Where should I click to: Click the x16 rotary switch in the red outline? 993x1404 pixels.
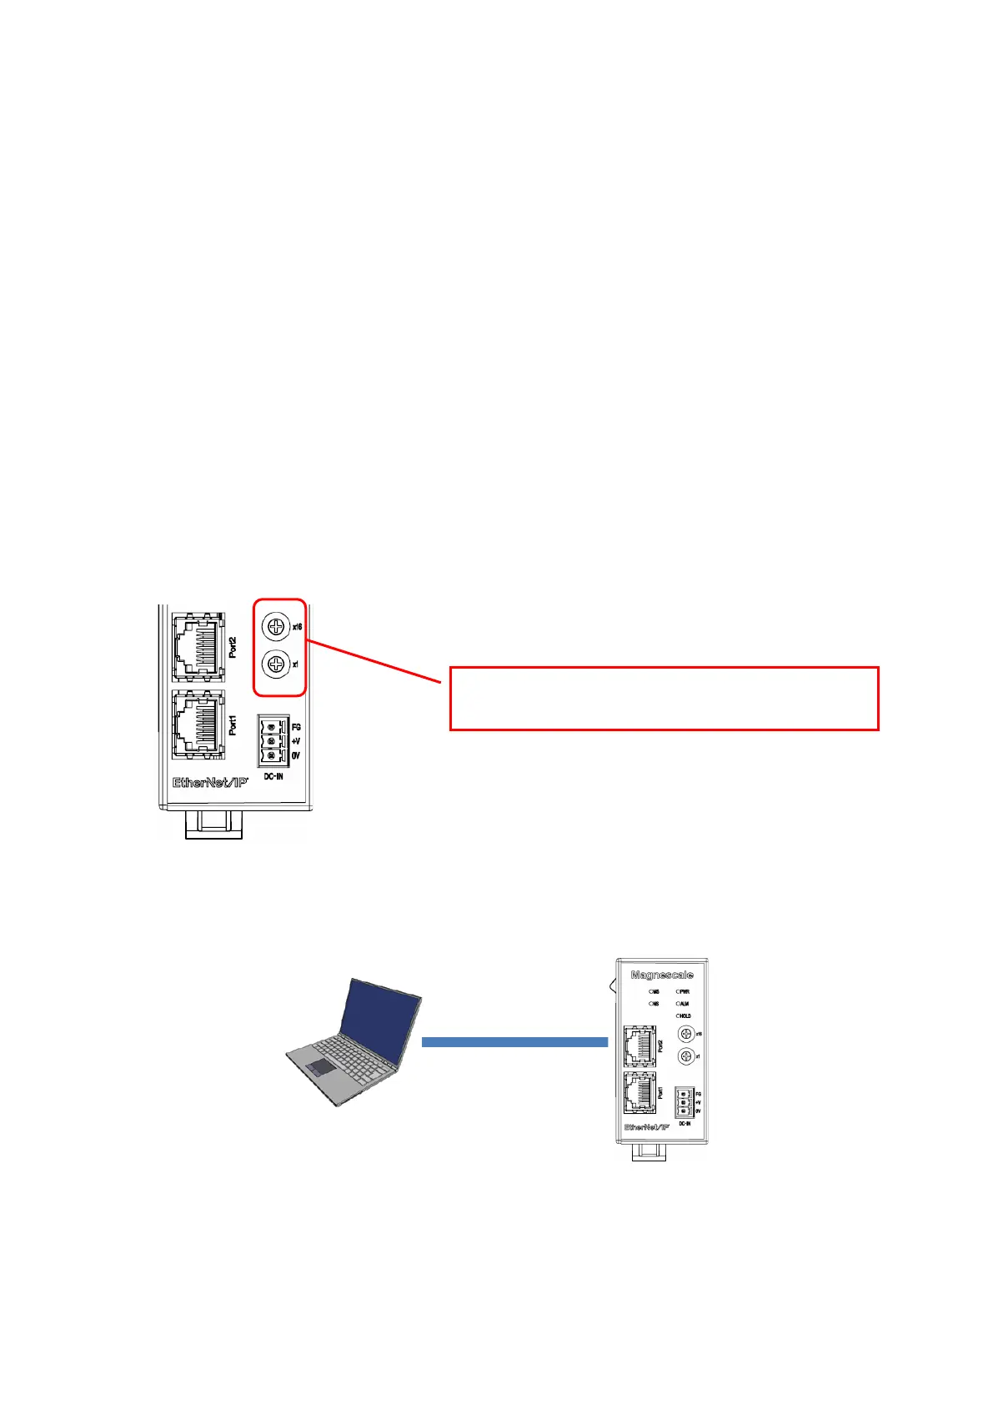276,625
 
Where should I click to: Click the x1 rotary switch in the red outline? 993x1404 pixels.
276,664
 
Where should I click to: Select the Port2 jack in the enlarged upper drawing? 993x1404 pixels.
198,648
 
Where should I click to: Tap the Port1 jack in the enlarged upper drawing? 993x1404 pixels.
198,725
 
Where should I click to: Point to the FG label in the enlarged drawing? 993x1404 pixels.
296,727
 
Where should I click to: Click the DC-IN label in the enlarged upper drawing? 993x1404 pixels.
273,777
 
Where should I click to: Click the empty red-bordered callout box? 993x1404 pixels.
664,699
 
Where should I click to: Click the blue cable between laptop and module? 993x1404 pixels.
514,1041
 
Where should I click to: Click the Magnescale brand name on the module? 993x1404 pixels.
662,975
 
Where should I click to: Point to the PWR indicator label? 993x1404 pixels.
685,992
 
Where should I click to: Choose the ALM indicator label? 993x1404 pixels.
685,1004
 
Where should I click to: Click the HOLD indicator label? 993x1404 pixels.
685,1016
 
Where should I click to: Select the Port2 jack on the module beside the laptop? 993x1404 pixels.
639,1046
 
